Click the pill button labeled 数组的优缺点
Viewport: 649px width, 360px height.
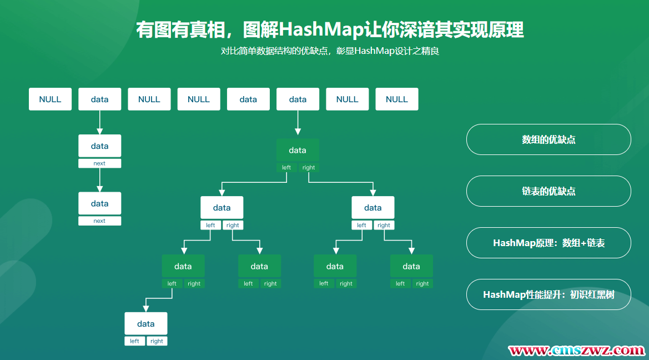click(x=549, y=139)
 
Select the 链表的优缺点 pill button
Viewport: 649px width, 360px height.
click(x=549, y=191)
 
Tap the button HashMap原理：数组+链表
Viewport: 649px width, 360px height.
click(x=549, y=243)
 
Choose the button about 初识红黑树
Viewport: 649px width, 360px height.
click(x=549, y=294)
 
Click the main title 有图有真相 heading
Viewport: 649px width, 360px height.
click(x=330, y=29)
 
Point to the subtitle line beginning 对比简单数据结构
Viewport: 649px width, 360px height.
click(x=330, y=52)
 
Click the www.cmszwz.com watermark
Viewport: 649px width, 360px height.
click(x=577, y=350)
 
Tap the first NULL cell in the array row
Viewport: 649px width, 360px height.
click(x=50, y=99)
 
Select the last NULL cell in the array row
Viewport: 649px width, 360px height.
click(x=397, y=99)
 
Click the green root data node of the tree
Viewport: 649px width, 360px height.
click(x=298, y=150)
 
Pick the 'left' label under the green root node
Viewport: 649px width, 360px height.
click(x=286, y=167)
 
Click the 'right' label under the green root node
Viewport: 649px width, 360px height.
click(x=309, y=167)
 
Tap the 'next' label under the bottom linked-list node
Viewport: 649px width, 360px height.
click(x=99, y=221)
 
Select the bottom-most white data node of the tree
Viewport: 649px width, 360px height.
click(x=145, y=323)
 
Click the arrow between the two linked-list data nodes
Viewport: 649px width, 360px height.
click(x=99, y=179)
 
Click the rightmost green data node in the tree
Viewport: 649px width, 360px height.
click(x=411, y=266)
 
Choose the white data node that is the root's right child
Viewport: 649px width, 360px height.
click(x=373, y=208)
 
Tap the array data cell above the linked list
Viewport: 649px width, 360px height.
click(x=99, y=99)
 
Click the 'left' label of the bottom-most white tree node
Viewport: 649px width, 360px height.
click(x=134, y=341)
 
